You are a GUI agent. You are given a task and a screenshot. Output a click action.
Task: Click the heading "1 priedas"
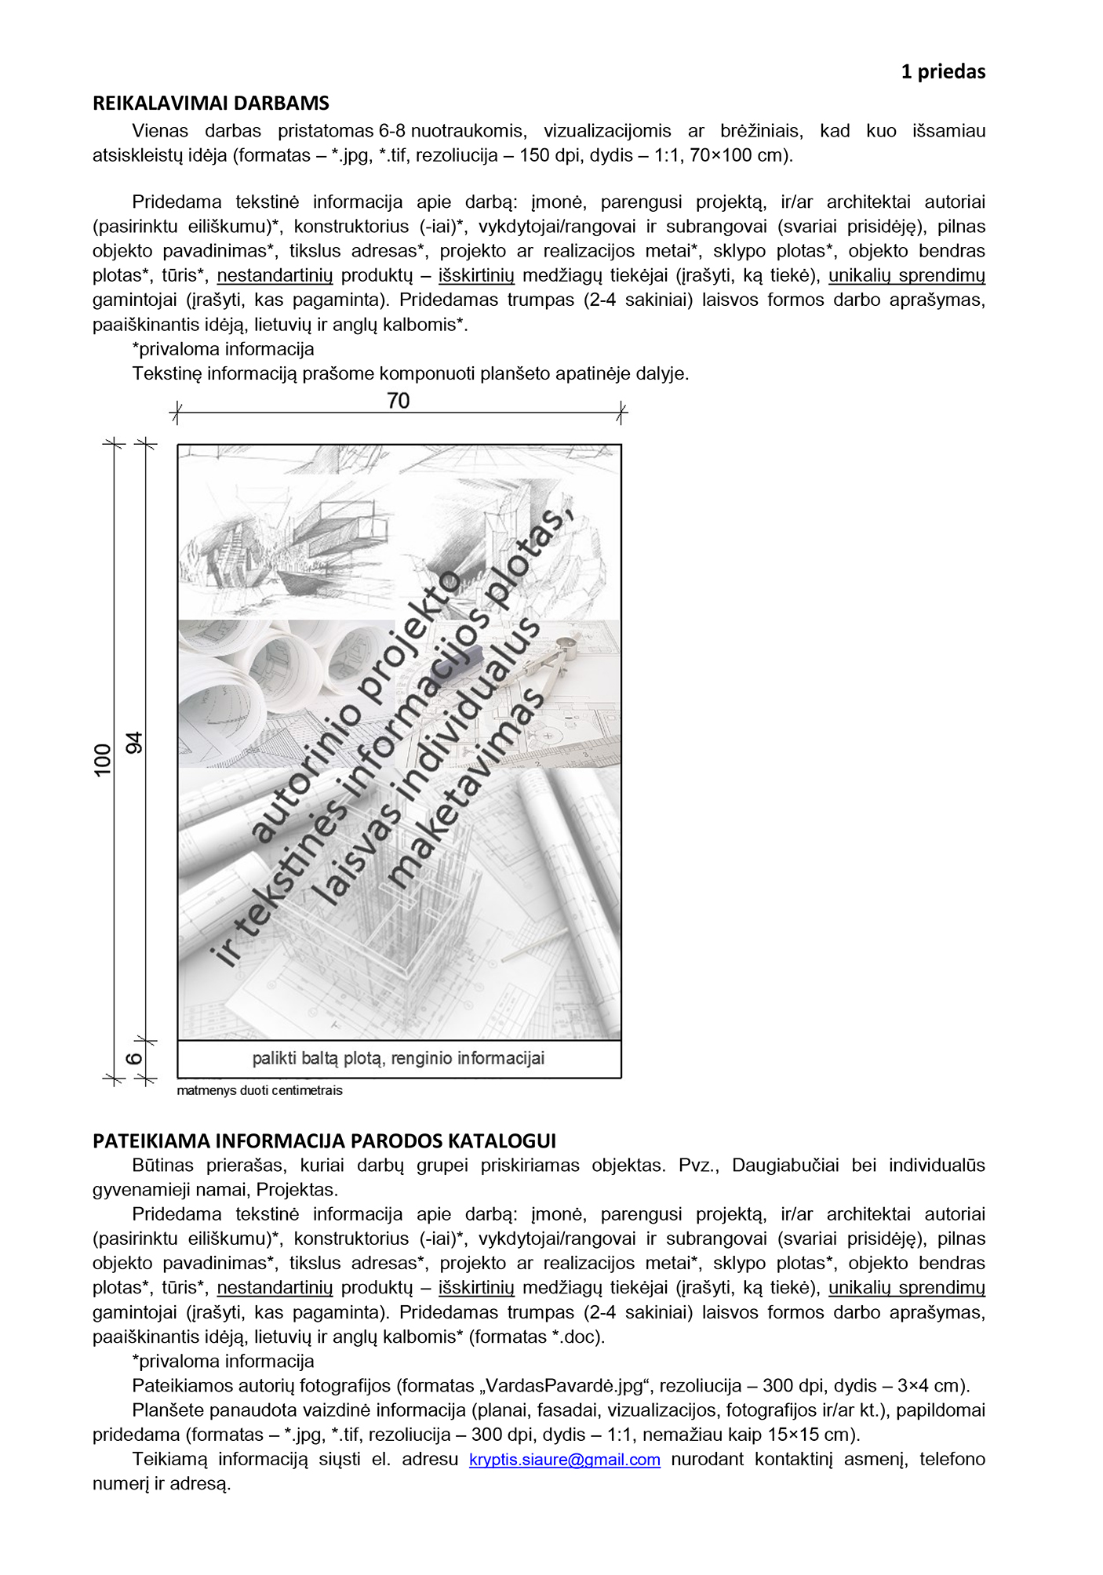(x=942, y=71)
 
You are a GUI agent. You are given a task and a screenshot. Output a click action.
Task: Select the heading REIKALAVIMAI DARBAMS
(x=210, y=104)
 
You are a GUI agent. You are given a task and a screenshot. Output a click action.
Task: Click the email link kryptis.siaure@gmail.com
(x=564, y=1460)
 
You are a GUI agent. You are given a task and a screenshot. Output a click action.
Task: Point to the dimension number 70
(x=398, y=402)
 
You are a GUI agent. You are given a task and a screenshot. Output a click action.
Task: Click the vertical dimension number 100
(x=103, y=760)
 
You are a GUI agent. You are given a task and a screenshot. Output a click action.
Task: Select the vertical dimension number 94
(x=135, y=742)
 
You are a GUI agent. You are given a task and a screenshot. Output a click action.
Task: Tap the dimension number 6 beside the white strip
(x=135, y=1059)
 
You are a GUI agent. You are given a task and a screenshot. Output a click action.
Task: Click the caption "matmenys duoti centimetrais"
(x=260, y=1091)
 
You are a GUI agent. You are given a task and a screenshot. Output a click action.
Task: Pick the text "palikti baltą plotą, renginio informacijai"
(x=398, y=1059)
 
